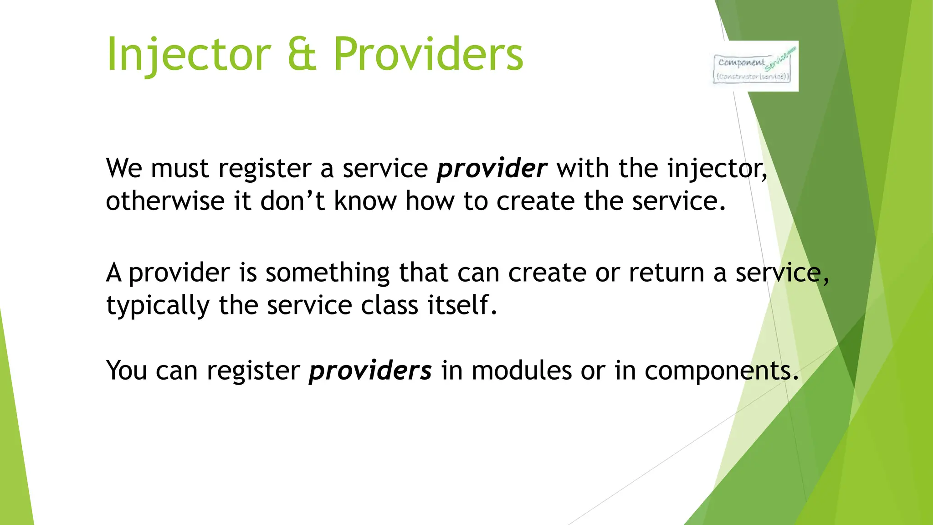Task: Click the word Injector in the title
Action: point(189,55)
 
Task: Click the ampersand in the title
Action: point(302,55)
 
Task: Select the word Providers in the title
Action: point(428,55)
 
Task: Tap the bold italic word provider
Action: point(492,169)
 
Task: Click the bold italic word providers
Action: point(370,371)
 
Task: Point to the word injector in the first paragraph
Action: point(717,169)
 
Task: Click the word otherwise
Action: point(165,201)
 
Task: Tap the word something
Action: point(327,273)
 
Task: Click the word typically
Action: point(158,306)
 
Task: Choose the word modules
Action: point(521,371)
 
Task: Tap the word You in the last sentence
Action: point(126,371)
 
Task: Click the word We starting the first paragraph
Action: point(124,169)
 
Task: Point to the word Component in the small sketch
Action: point(741,62)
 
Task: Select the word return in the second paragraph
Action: point(666,273)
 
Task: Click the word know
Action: point(365,201)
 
